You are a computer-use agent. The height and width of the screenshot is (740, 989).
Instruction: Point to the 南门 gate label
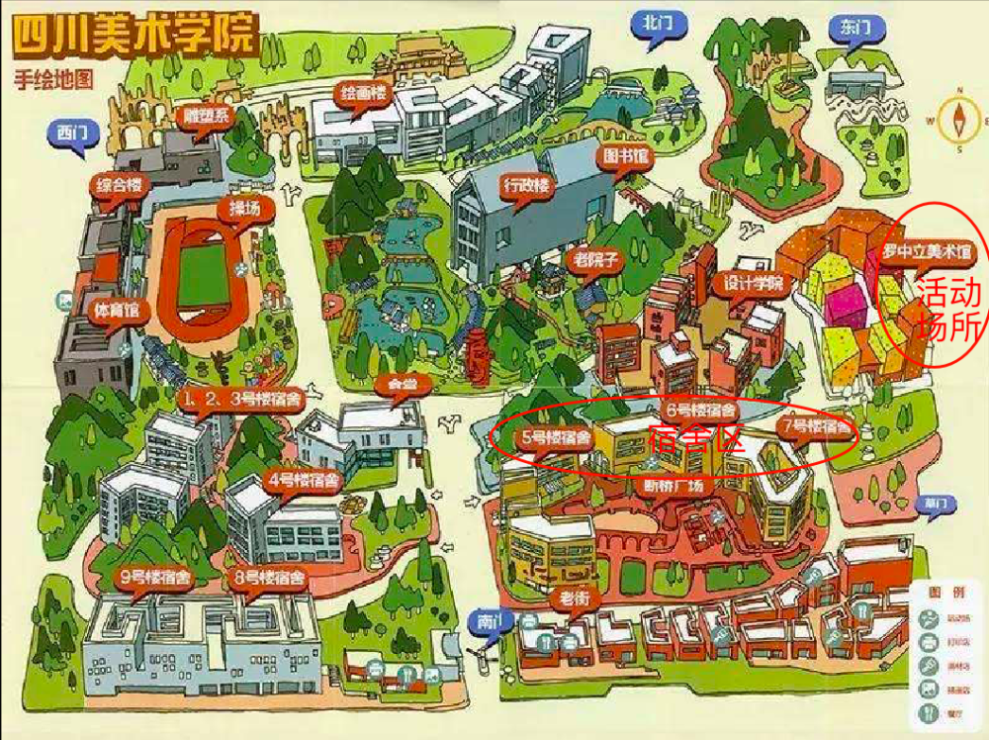489,622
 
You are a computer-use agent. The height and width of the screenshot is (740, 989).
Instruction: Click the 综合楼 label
118,186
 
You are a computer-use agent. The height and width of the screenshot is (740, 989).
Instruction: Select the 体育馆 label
116,310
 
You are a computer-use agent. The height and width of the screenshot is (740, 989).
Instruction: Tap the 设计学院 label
753,283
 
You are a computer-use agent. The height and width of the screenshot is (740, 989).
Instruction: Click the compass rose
959,120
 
